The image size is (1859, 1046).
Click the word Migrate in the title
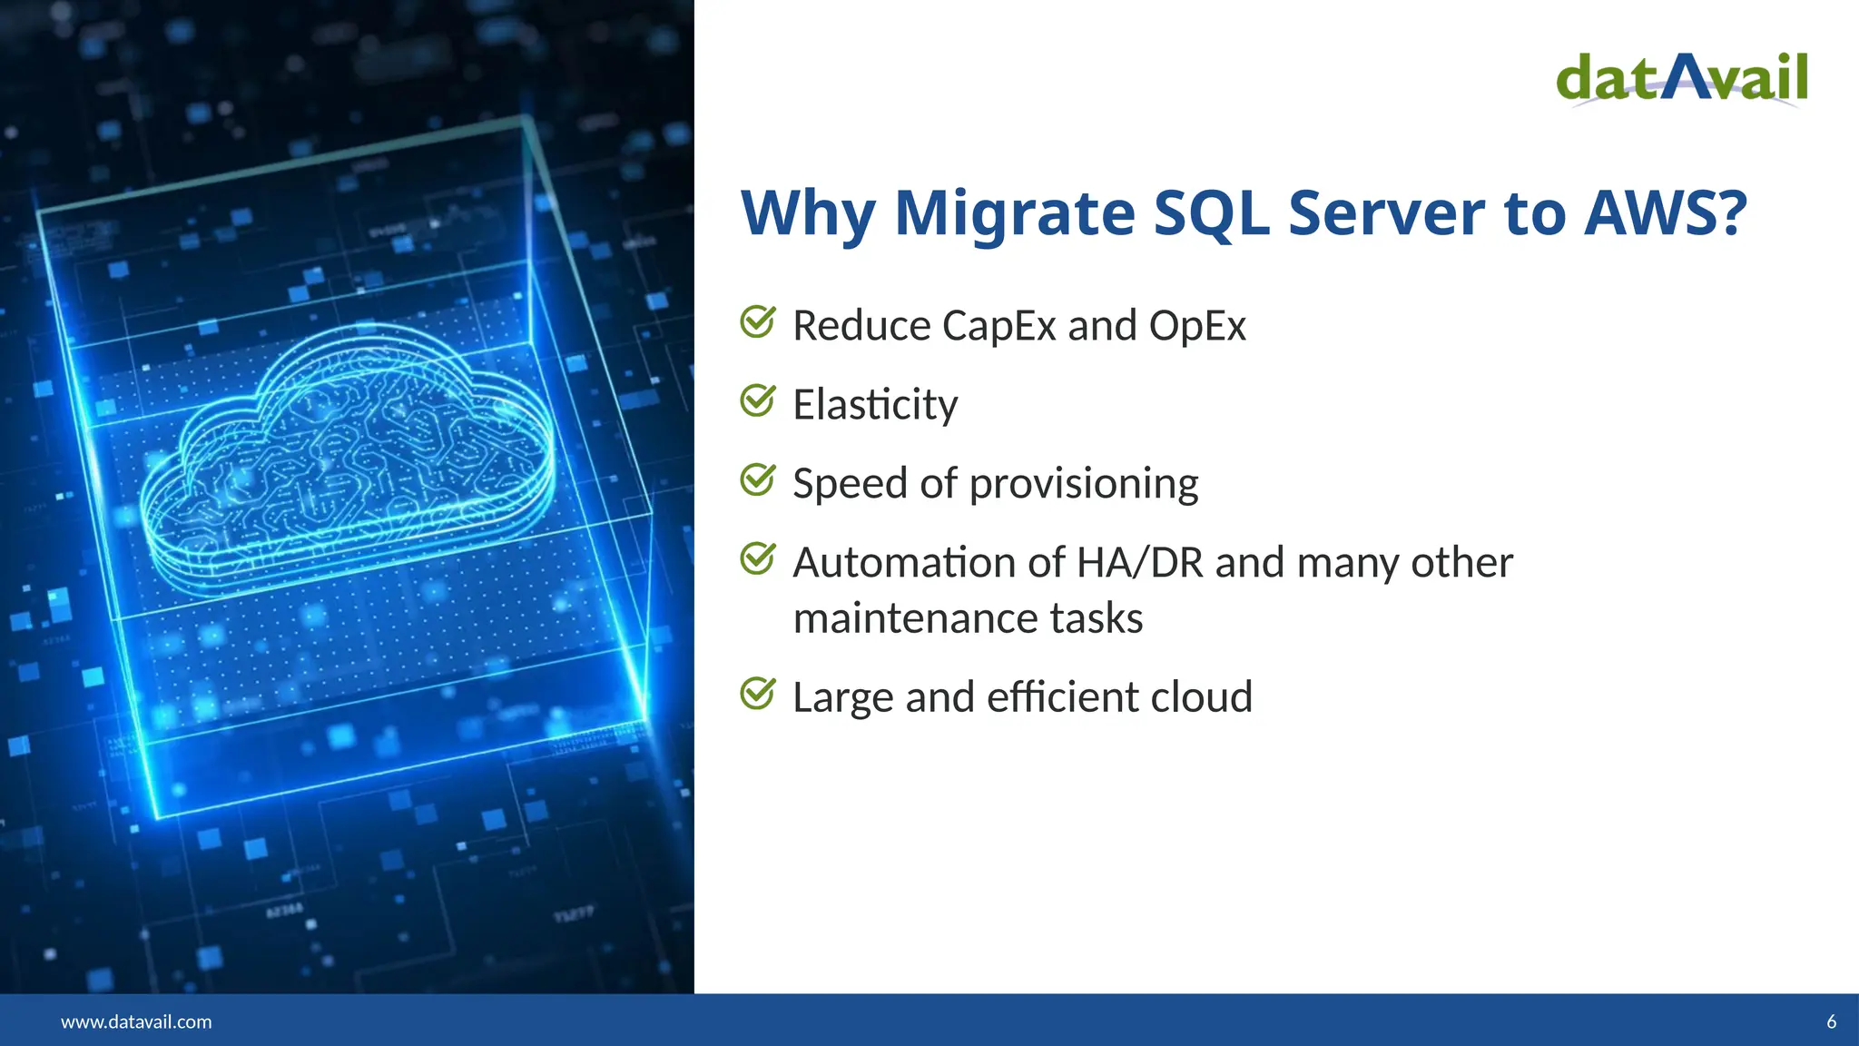tap(1014, 214)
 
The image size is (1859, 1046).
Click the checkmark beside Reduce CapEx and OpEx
tap(757, 321)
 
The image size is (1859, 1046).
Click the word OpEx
tap(1197, 325)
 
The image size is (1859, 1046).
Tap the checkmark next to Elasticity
tap(757, 400)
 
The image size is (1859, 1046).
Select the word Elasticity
tap(875, 404)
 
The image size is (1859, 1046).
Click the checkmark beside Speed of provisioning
tap(757, 479)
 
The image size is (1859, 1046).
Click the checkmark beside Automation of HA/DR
tap(757, 558)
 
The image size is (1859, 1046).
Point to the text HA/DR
tap(1139, 563)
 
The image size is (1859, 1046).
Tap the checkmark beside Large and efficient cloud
tap(757, 694)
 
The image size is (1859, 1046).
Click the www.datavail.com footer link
tap(136, 1021)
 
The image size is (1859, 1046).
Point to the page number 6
tap(1831, 1021)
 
